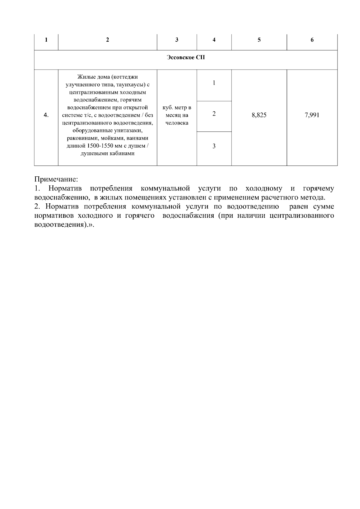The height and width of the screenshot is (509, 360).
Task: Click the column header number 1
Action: [46, 40]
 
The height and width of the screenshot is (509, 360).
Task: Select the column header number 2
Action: [108, 40]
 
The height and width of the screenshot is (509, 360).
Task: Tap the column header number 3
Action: [177, 40]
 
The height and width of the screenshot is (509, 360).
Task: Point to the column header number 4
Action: [214, 40]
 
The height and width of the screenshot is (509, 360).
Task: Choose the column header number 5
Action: [259, 40]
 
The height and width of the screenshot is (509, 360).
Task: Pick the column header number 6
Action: [312, 40]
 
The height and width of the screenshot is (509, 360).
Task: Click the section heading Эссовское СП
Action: [186, 57]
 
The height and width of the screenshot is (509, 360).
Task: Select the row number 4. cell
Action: [46, 115]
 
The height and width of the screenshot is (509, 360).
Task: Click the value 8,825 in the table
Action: [259, 115]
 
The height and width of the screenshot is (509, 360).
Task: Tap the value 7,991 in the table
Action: [312, 115]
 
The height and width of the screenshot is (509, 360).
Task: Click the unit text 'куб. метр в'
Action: [177, 107]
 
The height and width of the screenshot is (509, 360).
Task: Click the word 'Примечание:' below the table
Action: [56, 179]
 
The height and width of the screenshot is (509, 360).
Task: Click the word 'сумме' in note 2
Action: [323, 207]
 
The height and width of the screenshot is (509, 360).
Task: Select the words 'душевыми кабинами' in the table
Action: [108, 154]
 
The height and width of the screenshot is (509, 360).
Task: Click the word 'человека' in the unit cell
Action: [177, 123]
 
